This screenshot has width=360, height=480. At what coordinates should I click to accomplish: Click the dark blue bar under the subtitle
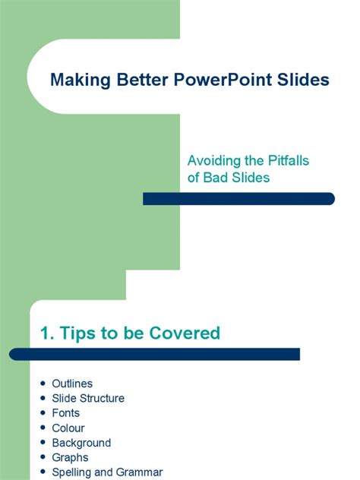pos(238,199)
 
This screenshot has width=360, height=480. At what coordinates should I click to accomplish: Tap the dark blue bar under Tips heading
pos(155,354)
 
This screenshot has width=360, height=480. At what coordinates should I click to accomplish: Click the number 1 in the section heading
pos(45,333)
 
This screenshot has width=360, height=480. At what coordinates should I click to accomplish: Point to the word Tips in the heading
pos(80,333)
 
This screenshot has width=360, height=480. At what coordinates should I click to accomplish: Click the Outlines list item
pos(72,384)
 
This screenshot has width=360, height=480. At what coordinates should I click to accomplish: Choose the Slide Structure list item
pos(88,398)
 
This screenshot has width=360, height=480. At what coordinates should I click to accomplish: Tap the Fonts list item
pos(66,413)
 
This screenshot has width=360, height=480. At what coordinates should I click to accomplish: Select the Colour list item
pos(68,428)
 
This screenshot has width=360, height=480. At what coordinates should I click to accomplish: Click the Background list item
pos(81,443)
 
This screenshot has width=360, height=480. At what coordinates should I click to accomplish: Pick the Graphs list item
pos(70,457)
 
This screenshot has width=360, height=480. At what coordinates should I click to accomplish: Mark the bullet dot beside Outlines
pos(41,384)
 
